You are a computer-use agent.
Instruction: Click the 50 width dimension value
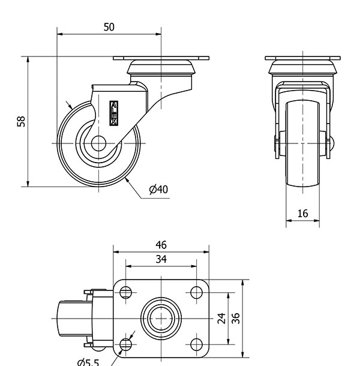point(109,27)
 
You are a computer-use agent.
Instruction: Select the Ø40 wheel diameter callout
point(158,190)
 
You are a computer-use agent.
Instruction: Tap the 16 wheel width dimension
point(302,213)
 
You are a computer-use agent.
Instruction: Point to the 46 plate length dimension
point(161,245)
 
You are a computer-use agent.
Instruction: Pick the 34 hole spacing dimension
point(161,259)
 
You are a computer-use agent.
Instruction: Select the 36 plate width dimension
point(236,318)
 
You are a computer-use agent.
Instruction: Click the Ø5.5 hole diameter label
point(88,361)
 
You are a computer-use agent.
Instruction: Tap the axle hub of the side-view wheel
point(98,144)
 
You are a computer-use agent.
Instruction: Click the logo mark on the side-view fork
point(114,113)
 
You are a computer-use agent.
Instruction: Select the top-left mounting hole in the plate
point(126,293)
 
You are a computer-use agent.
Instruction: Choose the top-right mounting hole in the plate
point(196,293)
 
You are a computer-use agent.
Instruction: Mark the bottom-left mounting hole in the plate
point(126,344)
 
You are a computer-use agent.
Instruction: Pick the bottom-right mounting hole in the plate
point(196,344)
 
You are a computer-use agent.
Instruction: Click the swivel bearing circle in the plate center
point(161,318)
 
